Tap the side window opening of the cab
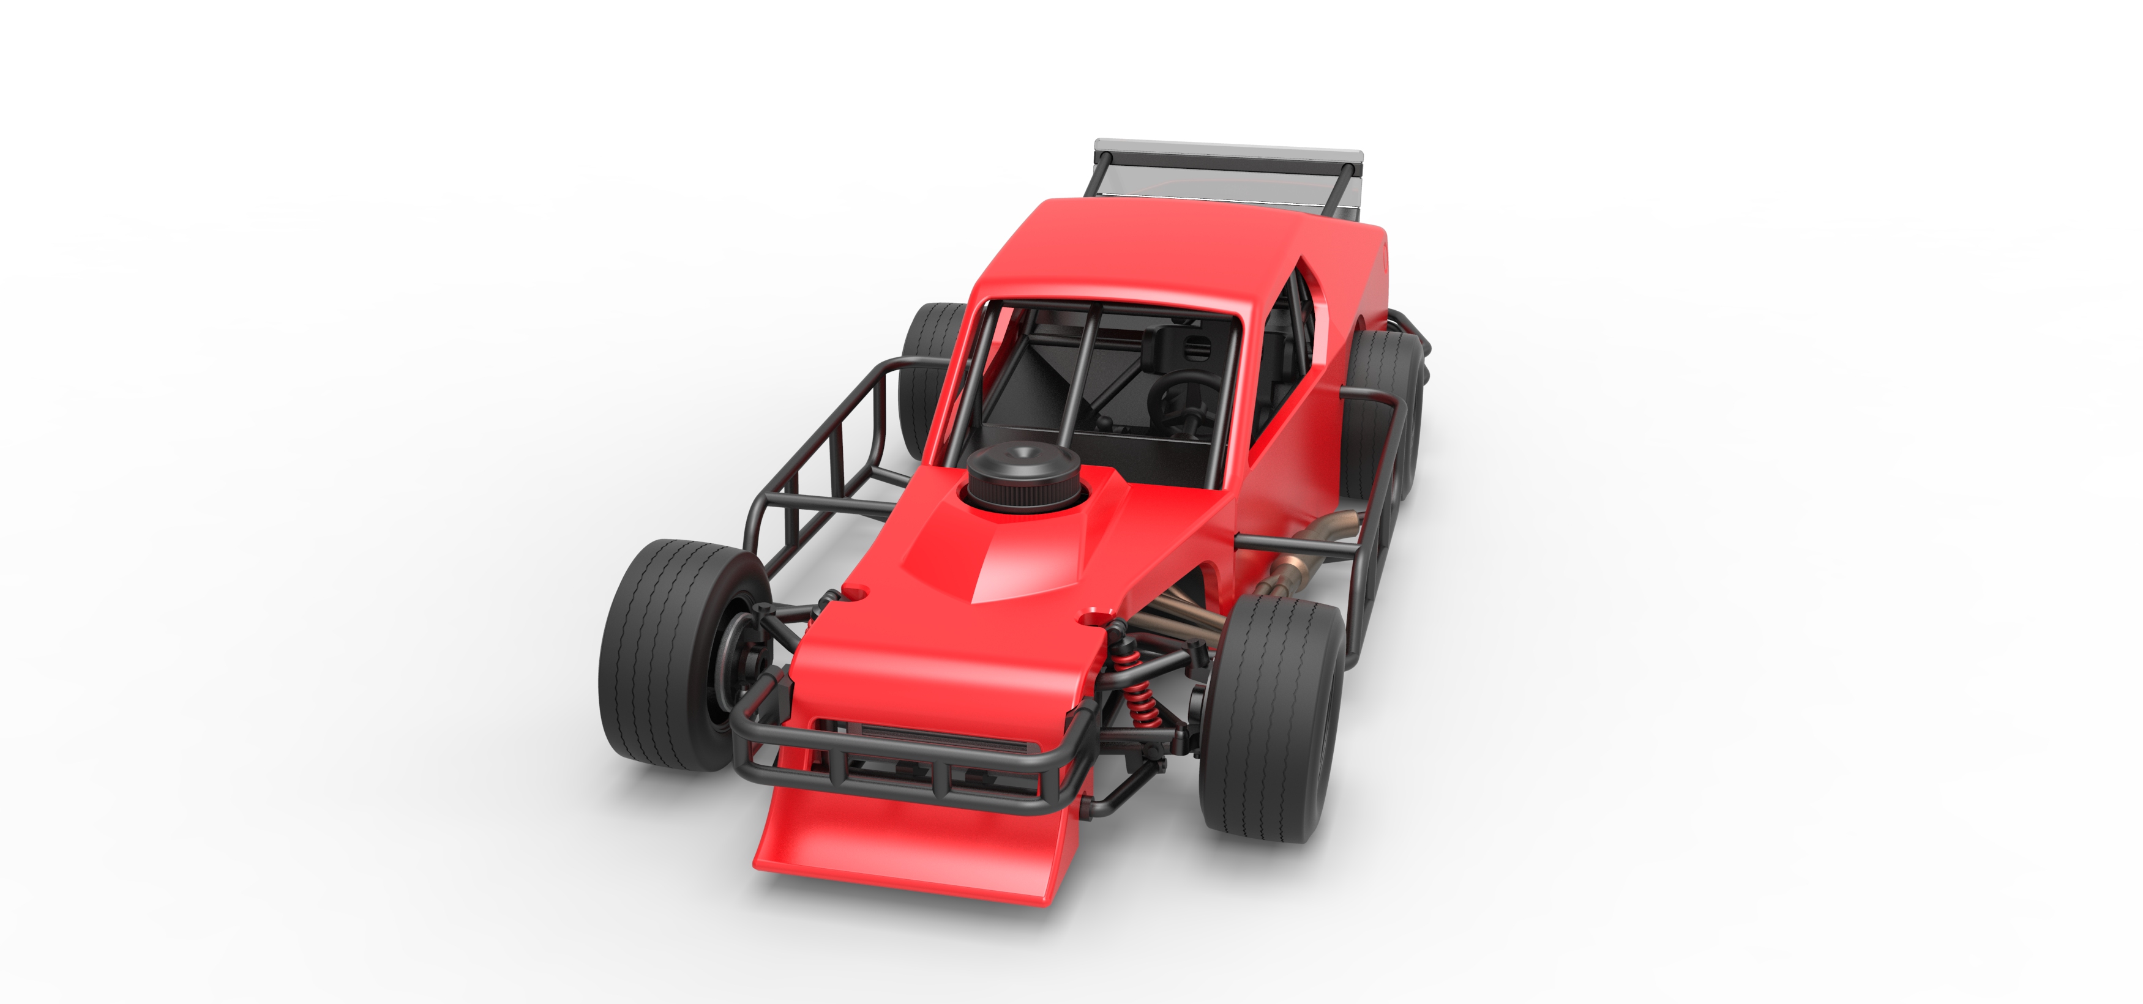(1285, 349)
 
